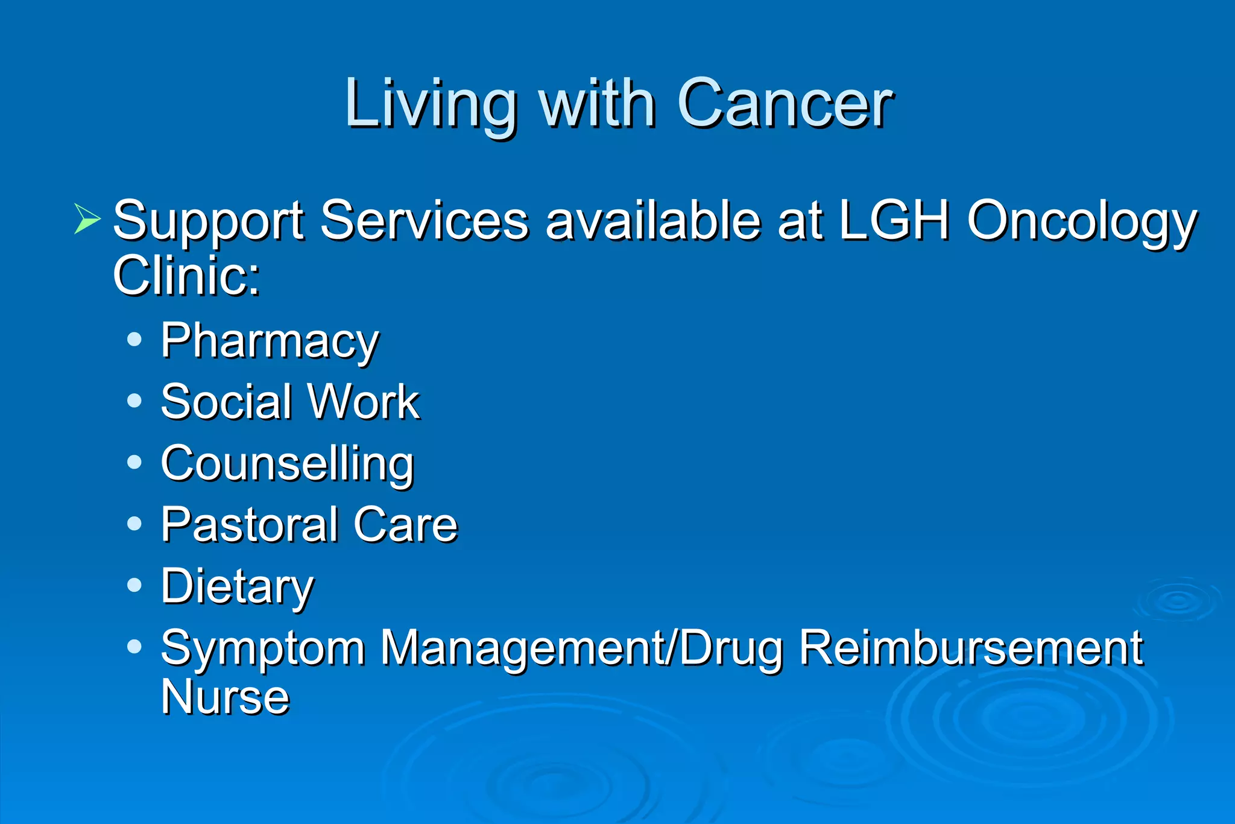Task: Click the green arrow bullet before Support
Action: pos(86,218)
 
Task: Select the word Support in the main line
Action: pos(209,221)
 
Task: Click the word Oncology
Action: pos(1082,221)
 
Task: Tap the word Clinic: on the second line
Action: pos(186,275)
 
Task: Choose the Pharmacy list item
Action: pos(270,341)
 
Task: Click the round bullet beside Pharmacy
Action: pos(134,339)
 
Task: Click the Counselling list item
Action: pos(287,463)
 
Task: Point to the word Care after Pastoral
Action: pos(406,525)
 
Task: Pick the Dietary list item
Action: pos(237,586)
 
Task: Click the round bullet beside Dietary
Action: pos(134,585)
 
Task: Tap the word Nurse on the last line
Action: pos(225,697)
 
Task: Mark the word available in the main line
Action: pos(653,220)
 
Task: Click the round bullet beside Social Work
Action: pos(134,401)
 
